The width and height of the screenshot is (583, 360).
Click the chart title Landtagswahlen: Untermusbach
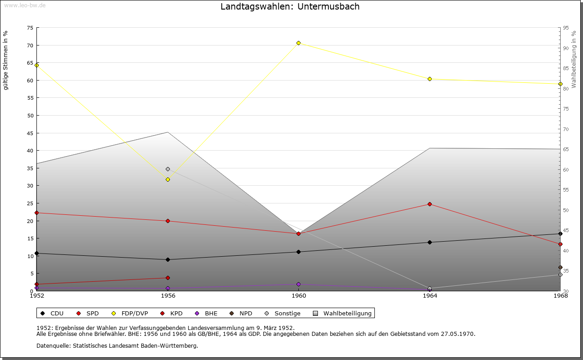tap(290, 7)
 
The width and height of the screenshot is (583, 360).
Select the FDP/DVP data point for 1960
tap(299, 43)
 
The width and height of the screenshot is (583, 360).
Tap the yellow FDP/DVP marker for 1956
tap(168, 180)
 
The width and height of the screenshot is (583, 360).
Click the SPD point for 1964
tap(430, 204)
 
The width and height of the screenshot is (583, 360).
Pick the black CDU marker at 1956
tap(168, 260)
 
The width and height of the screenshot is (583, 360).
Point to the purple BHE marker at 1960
tap(299, 284)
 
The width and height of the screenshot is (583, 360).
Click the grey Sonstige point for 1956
tap(168, 169)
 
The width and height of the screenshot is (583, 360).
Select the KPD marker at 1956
tap(168, 278)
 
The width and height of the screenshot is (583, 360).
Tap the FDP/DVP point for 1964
tap(430, 79)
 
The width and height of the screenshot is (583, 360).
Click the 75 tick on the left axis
tap(30, 28)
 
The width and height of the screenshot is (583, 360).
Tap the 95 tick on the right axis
tap(566, 28)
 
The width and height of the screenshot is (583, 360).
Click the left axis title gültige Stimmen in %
tap(6, 60)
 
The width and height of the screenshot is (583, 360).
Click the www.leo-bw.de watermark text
tap(25, 4)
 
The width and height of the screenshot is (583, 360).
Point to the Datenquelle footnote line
tap(117, 346)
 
